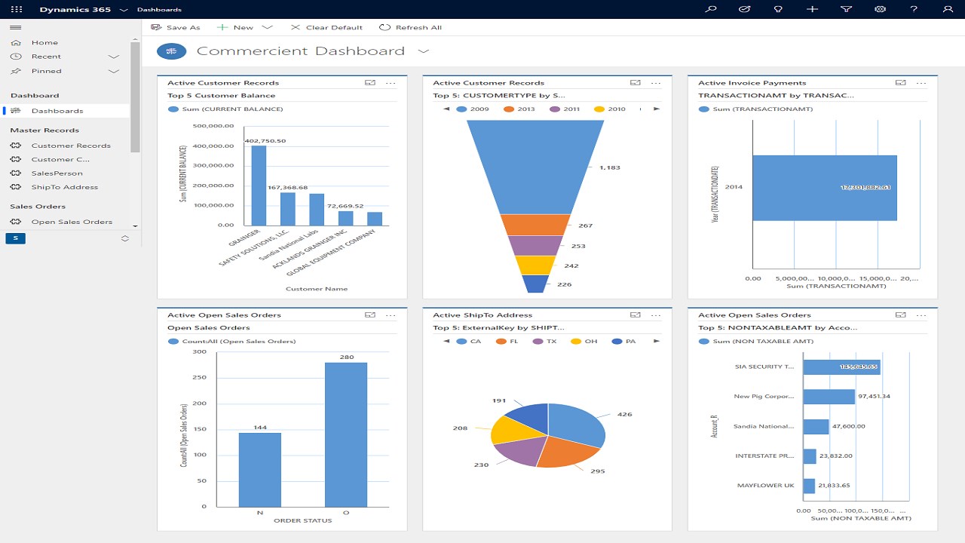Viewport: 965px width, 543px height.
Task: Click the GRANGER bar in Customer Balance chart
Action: click(259, 186)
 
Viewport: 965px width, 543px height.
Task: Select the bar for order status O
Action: click(346, 434)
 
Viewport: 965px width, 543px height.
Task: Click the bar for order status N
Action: click(260, 469)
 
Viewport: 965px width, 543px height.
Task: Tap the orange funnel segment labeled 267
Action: click(535, 225)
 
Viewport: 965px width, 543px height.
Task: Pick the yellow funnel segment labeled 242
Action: click(535, 265)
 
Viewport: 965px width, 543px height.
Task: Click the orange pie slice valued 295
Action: click(567, 451)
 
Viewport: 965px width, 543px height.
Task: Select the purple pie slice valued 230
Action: click(521, 451)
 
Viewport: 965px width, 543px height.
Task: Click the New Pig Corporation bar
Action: click(829, 396)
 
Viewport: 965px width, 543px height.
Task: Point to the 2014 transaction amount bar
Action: click(824, 188)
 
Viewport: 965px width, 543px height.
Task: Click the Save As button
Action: click(176, 27)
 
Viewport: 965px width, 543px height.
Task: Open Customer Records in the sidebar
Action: click(70, 146)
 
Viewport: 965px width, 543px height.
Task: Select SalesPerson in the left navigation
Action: click(57, 173)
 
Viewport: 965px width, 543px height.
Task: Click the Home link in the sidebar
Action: click(44, 43)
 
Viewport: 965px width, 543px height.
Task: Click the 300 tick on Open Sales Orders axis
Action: click(199, 351)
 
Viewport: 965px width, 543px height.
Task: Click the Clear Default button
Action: click(326, 27)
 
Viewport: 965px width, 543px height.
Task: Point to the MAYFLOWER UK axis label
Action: click(765, 486)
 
